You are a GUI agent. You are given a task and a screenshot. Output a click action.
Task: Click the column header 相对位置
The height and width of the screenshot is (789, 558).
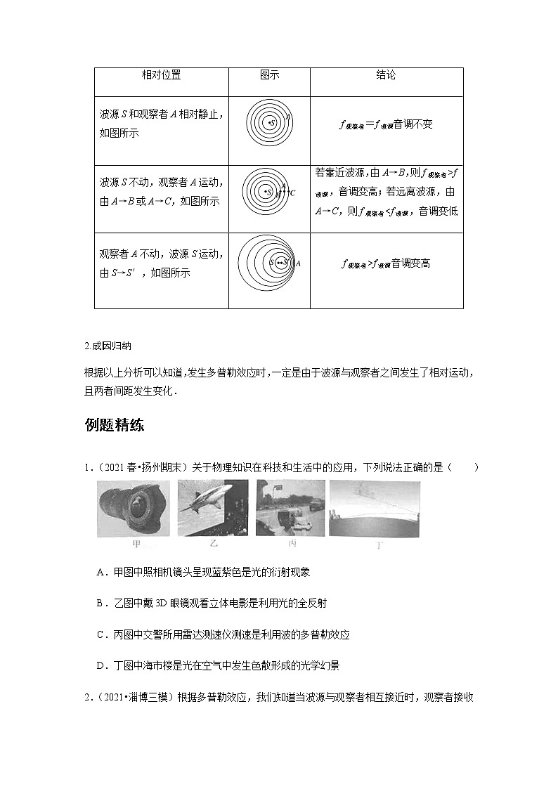(161, 75)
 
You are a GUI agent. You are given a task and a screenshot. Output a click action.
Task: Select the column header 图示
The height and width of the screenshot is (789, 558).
(269, 75)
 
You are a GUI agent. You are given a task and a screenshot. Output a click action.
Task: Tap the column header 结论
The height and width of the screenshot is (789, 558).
(386, 75)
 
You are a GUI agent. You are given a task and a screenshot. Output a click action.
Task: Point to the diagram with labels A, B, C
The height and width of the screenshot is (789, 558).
(269, 192)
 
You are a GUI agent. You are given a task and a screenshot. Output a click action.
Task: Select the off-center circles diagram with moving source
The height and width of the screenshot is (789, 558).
(269, 263)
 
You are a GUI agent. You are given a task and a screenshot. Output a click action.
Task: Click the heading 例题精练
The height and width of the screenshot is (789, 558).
(114, 425)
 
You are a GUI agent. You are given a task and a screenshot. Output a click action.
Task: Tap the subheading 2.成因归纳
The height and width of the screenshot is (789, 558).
(107, 346)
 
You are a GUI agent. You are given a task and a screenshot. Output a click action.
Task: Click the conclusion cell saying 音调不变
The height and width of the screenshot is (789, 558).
(386, 125)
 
